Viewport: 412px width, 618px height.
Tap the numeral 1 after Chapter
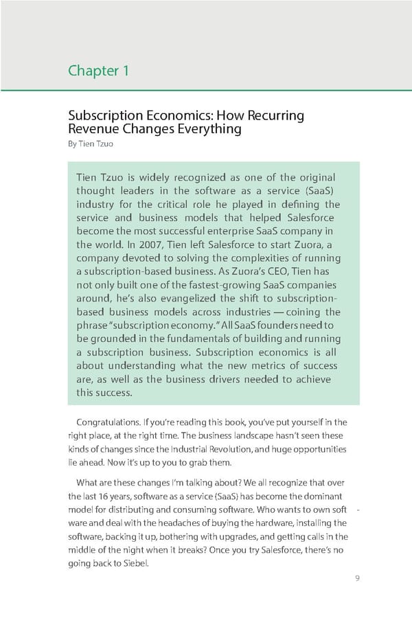pyautogui.click(x=126, y=71)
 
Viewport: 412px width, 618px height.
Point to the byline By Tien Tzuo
pyautogui.click(x=89, y=144)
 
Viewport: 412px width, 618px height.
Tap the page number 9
pyautogui.click(x=357, y=577)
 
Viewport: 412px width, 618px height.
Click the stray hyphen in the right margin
pyautogui.click(x=360, y=510)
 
